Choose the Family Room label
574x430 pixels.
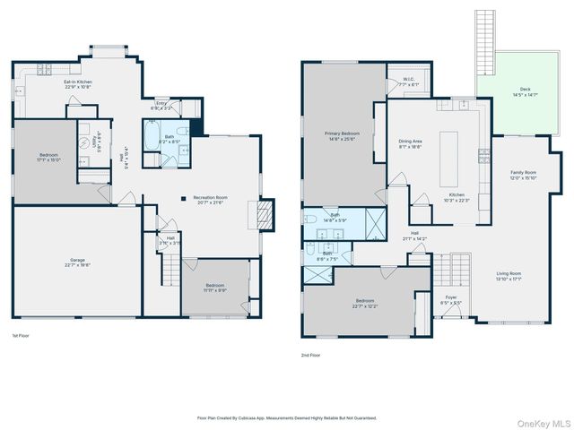pyautogui.click(x=523, y=174)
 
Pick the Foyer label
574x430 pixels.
pyautogui.click(x=450, y=301)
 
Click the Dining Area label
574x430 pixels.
pyautogui.click(x=410, y=143)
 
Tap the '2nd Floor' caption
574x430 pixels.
pyautogui.click(x=310, y=355)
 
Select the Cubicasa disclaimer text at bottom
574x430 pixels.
pyautogui.click(x=287, y=417)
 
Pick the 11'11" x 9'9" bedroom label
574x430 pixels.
pyautogui.click(x=215, y=289)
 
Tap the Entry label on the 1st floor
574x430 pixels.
pyautogui.click(x=162, y=106)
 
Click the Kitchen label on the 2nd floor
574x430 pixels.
pyautogui.click(x=457, y=197)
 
